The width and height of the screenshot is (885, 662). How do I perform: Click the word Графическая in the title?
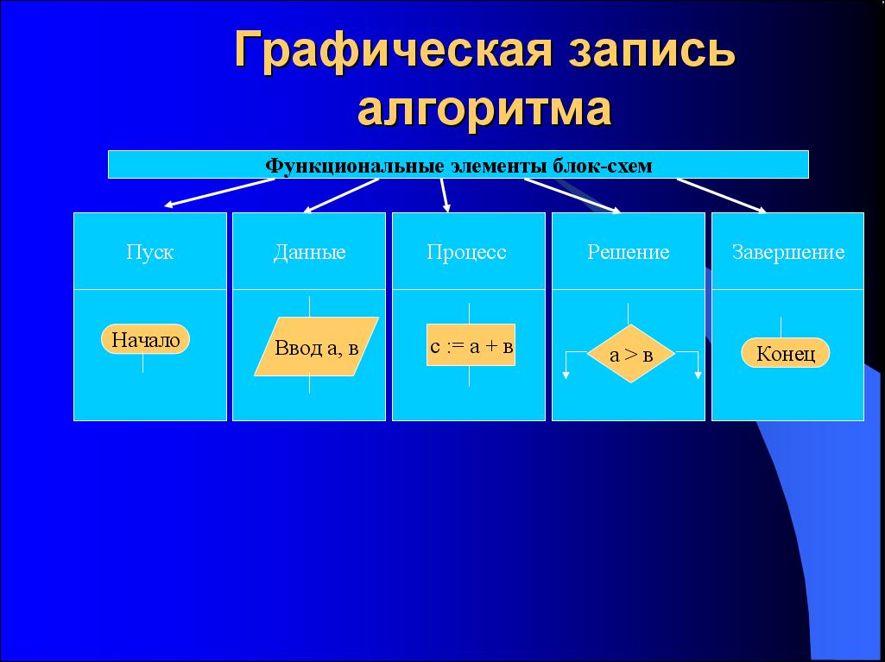[392, 50]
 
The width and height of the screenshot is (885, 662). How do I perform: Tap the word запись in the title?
[651, 50]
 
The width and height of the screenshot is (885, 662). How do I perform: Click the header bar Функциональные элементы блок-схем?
[458, 164]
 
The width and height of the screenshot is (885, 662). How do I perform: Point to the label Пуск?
[149, 252]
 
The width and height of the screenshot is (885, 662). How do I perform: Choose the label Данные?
[309, 252]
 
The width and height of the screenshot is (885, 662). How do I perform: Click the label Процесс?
[466, 252]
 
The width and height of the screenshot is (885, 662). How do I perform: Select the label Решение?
[629, 252]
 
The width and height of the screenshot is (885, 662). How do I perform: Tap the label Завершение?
[788, 252]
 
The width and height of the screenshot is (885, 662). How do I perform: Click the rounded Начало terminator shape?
[146, 339]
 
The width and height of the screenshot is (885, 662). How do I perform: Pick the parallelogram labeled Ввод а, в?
[316, 346]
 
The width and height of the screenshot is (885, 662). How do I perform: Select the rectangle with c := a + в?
[471, 345]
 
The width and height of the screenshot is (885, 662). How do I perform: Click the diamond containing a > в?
[631, 354]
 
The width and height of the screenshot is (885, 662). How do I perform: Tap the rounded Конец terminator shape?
[785, 353]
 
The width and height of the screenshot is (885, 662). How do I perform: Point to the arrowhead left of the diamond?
[566, 375]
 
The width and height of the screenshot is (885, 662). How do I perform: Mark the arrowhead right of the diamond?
[699, 375]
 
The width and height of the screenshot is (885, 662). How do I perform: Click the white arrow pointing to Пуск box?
[219, 193]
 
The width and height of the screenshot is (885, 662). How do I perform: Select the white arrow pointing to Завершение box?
[722, 196]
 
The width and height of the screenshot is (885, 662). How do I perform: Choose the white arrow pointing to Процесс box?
[446, 196]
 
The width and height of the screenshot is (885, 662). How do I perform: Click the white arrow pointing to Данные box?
[341, 196]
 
